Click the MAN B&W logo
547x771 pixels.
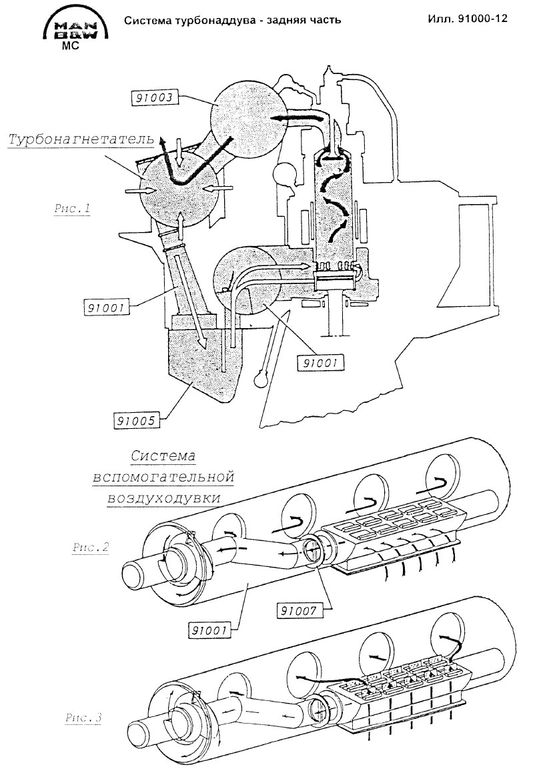point(75,31)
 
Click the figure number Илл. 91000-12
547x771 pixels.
point(468,19)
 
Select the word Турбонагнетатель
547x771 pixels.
point(81,139)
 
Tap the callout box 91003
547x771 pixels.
point(153,97)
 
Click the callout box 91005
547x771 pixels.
point(137,420)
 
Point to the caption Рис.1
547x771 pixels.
point(72,209)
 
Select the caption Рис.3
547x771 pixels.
point(83,718)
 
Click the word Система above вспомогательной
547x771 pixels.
point(163,456)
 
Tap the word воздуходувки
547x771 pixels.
point(163,498)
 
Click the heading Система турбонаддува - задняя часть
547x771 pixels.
point(232,20)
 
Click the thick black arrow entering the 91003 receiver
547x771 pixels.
point(300,119)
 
